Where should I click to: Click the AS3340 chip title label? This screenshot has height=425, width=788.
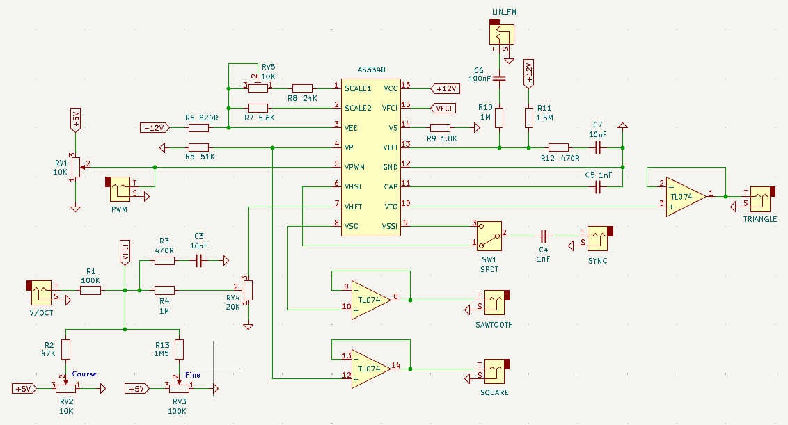click(371, 70)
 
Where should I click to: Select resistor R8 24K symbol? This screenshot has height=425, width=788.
click(302, 88)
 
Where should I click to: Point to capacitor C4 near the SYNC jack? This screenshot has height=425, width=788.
click(544, 234)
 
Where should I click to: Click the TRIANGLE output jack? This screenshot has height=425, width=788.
click(760, 199)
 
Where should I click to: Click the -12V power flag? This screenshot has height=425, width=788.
click(155, 128)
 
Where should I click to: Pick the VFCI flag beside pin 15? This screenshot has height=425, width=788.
click(443, 108)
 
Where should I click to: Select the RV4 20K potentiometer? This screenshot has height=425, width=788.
click(247, 290)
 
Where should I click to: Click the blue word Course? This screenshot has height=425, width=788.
click(85, 374)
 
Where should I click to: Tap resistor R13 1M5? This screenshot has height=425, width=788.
click(180, 348)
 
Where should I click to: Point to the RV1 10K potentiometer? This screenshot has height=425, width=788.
click(75, 166)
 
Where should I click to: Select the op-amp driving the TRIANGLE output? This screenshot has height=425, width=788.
click(685, 196)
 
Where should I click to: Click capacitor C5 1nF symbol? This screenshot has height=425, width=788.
click(598, 186)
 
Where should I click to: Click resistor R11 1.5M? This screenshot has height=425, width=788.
click(529, 118)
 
